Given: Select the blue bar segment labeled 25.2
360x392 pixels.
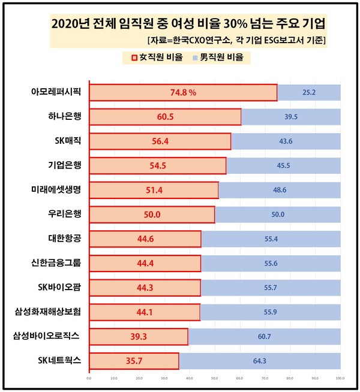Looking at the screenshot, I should click(309, 93).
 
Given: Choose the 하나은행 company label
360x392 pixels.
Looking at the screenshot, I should click(64, 117).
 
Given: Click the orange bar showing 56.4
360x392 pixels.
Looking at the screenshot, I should click(160, 141).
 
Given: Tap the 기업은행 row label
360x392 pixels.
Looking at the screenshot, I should click(64, 165).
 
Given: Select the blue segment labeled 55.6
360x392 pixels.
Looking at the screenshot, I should click(271, 263).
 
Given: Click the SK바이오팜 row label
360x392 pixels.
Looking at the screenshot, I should click(61, 287).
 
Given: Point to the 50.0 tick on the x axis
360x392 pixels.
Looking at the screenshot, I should click(215, 378).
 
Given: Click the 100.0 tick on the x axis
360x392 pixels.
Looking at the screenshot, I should click(340, 378).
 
